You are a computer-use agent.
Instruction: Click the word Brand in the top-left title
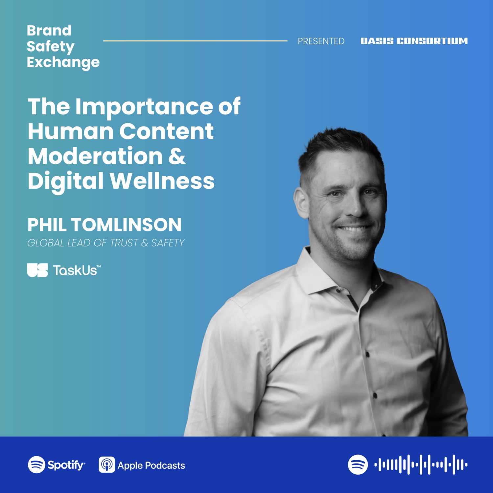[49, 31]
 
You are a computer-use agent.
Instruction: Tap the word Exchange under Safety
[63, 62]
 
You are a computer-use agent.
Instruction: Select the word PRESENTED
[321, 41]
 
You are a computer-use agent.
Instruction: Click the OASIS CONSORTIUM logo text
[414, 41]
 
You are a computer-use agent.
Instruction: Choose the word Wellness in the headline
[162, 181]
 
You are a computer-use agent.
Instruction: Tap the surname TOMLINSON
[126, 225]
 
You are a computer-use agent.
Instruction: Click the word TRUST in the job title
[124, 243]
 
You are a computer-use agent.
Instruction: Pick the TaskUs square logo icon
[37, 270]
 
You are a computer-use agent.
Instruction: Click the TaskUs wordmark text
[77, 270]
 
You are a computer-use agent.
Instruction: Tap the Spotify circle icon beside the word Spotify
[36, 465]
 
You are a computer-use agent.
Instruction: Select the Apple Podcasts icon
[107, 465]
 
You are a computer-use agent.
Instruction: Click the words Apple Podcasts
[151, 465]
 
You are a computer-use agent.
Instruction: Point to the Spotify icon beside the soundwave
[358, 465]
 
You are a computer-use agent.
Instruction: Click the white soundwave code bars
[421, 465]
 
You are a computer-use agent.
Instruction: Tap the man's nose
[354, 207]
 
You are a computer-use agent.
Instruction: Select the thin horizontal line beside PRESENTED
[195, 41]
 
